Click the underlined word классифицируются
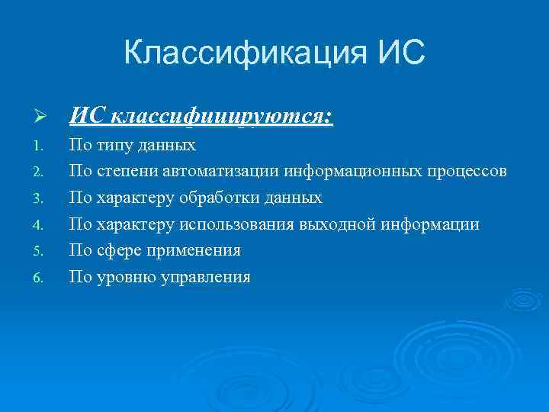(222, 117)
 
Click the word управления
(205, 278)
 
